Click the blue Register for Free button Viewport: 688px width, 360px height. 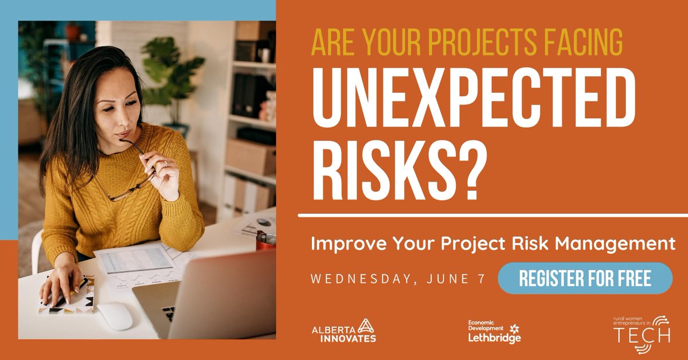(585, 279)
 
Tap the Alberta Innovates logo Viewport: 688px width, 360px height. (344, 331)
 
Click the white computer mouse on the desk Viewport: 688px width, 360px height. (115, 316)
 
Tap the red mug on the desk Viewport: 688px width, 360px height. (265, 241)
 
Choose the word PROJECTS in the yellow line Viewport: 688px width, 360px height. (453, 42)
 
